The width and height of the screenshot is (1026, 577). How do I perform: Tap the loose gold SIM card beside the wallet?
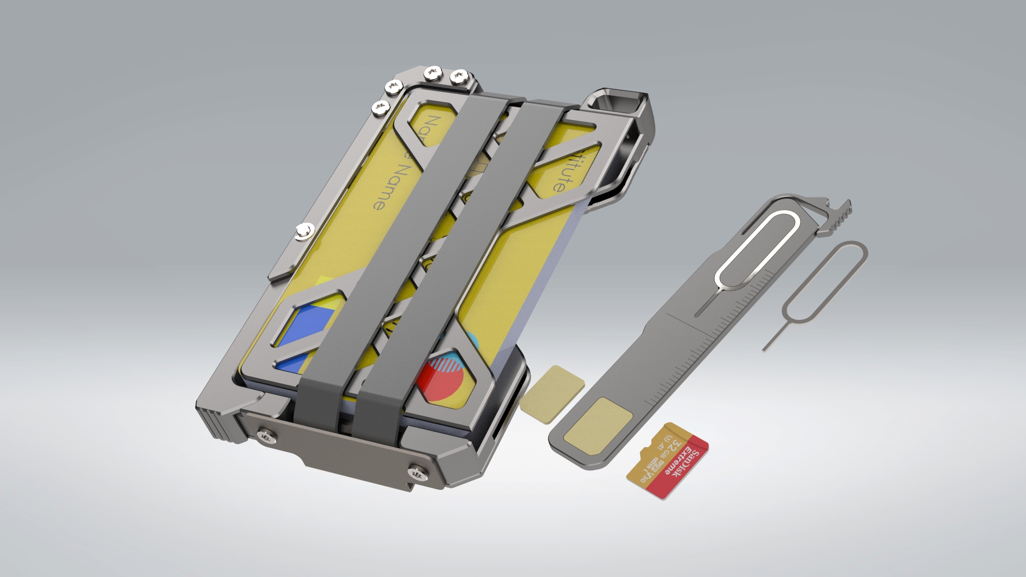(x=552, y=395)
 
